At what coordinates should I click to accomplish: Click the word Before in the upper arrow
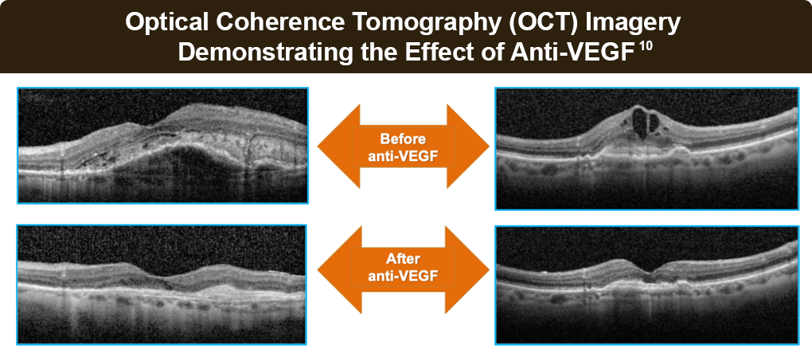coord(402,139)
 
